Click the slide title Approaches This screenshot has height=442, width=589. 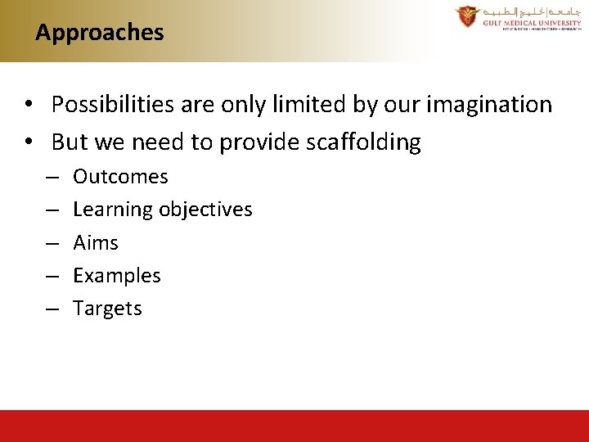[x=100, y=33]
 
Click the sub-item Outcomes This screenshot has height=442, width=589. [x=120, y=177]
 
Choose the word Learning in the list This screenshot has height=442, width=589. [x=113, y=210]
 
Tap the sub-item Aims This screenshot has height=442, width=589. [x=96, y=243]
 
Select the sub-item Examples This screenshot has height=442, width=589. [x=117, y=276]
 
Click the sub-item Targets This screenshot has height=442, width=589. [x=107, y=309]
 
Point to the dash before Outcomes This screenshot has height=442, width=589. [x=51, y=178]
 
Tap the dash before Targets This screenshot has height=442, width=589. [x=51, y=309]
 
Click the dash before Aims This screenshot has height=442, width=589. [x=51, y=244]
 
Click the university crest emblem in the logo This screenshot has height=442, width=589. [x=467, y=16]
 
